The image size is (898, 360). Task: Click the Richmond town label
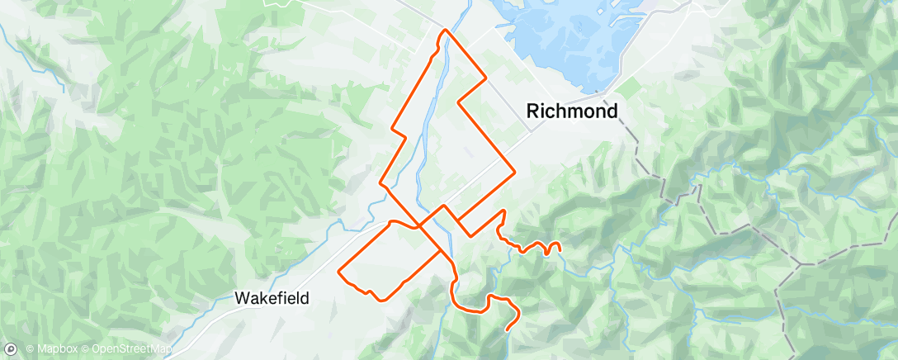(x=572, y=111)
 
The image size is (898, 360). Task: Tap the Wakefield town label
(x=272, y=298)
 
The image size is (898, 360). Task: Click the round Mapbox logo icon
(x=12, y=349)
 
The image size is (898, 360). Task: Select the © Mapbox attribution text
(x=52, y=350)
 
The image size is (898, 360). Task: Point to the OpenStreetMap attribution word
(x=131, y=350)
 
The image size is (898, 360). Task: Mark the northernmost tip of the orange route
(x=447, y=30)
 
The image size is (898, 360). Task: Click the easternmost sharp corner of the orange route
(x=515, y=172)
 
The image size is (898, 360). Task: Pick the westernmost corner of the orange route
(x=339, y=270)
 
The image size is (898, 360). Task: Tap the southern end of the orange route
(x=505, y=329)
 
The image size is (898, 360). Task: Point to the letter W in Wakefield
(x=242, y=298)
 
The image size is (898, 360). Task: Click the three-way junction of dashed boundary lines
(x=799, y=266)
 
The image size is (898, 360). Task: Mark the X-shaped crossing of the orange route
(x=420, y=225)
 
